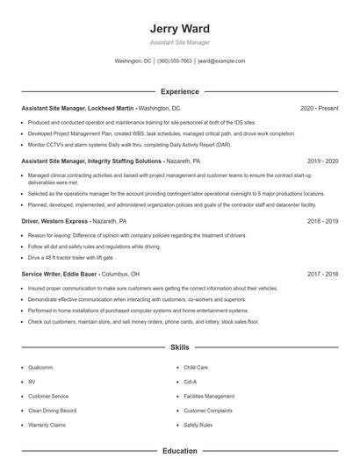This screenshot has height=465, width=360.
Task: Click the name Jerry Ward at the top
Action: coord(179,28)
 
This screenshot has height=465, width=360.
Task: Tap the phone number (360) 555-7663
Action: coord(175,61)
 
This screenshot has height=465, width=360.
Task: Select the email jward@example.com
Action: coord(220,61)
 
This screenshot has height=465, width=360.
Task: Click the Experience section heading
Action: coord(179,91)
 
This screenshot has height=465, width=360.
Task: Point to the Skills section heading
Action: coord(179,347)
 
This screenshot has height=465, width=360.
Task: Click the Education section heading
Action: coord(179,451)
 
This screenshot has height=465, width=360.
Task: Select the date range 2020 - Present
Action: coord(319,108)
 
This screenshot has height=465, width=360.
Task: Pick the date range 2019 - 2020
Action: coord(323,161)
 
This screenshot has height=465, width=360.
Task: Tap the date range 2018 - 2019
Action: coord(323,221)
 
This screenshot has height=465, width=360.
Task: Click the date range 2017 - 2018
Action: coord(323,274)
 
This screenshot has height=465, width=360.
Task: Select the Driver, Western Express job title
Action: coord(54,221)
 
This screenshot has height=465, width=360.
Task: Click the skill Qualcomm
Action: coord(40,368)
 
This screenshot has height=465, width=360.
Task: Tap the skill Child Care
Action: coord(196,368)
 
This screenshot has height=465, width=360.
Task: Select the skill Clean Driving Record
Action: coord(52,410)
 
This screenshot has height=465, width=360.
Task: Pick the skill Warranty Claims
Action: coord(47,424)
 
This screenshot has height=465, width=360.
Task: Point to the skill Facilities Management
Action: coord(209,396)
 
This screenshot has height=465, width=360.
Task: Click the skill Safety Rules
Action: coord(198,424)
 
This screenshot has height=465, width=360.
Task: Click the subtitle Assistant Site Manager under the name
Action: coord(179,42)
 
